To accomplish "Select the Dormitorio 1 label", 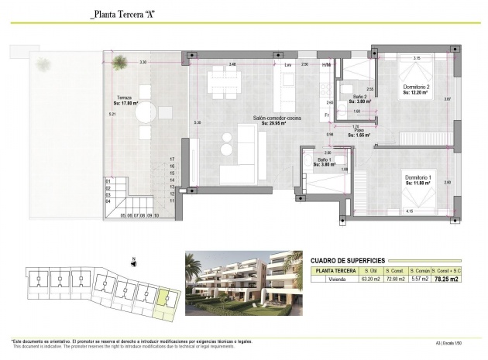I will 420,179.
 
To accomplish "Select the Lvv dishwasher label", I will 288,65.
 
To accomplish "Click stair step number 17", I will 173,159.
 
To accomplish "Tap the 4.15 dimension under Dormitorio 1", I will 407,211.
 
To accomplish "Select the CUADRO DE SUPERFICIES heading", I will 348,261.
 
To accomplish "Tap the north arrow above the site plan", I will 134,262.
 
